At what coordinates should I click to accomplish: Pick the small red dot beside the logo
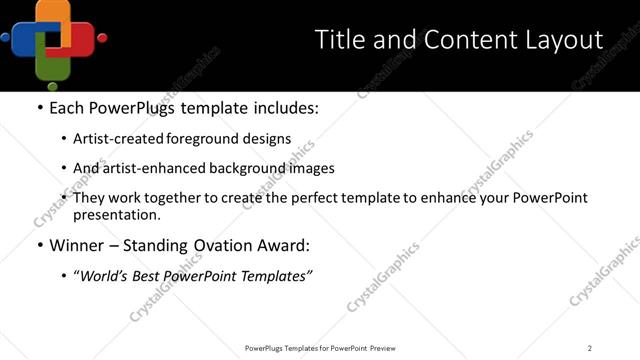102,39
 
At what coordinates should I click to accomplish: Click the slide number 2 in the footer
590,348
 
